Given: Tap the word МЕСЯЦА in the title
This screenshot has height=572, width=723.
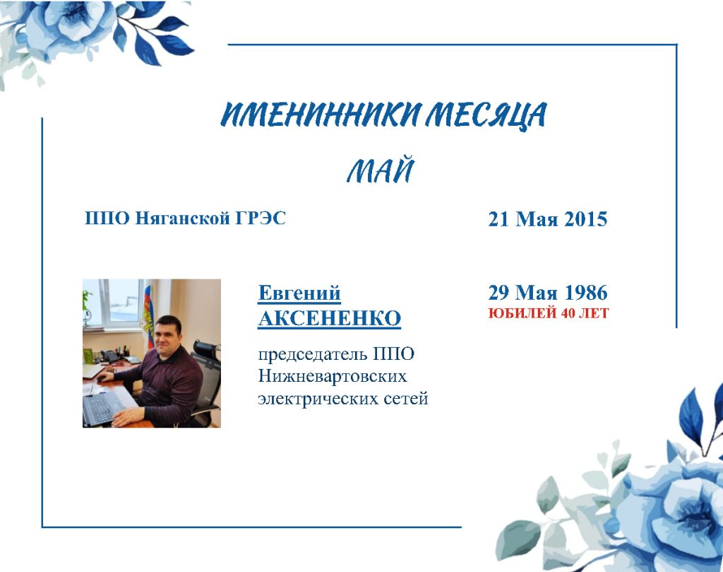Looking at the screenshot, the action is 486,115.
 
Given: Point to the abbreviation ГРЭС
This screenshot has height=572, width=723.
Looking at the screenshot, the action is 261,218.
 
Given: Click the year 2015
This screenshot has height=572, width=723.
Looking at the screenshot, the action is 585,218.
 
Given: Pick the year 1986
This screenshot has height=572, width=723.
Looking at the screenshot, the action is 585,292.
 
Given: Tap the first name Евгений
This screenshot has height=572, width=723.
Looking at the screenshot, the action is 299,293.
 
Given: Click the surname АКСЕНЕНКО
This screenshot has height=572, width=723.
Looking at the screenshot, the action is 329,318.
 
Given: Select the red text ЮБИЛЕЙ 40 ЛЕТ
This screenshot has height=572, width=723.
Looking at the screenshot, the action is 548,313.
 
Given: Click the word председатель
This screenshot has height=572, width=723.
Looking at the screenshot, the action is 312,354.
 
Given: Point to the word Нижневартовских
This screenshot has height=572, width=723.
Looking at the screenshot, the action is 333,375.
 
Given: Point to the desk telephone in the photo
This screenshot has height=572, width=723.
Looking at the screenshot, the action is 109,356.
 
